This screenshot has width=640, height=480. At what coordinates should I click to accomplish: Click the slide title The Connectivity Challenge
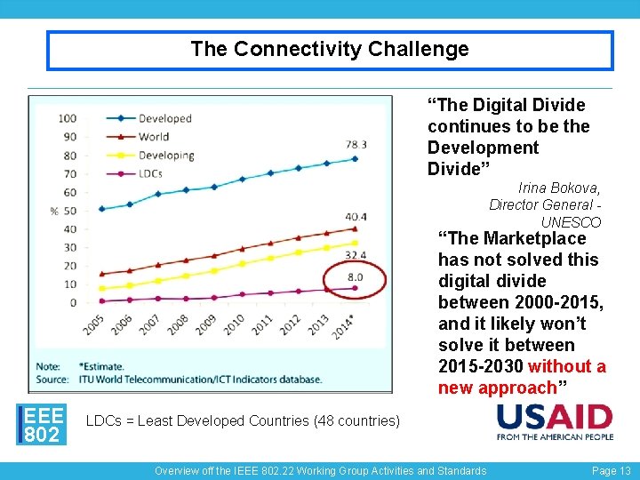click(x=329, y=50)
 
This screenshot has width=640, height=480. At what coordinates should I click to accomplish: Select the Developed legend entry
click(x=164, y=118)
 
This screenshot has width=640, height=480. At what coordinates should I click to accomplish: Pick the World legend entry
click(x=154, y=137)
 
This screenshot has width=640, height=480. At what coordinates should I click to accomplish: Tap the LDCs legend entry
click(x=150, y=173)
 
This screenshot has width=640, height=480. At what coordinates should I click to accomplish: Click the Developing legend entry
click(x=165, y=156)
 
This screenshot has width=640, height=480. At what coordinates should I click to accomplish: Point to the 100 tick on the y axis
click(x=68, y=118)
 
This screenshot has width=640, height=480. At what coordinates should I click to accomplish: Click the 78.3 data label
click(x=356, y=144)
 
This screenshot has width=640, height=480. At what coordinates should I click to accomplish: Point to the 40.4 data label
click(x=356, y=216)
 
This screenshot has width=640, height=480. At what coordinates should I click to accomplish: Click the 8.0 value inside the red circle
click(x=356, y=278)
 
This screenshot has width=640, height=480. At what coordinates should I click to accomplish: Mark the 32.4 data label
click(x=356, y=255)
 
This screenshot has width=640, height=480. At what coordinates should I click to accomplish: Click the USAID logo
click(x=555, y=421)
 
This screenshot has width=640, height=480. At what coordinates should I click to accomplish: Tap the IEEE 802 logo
click(x=43, y=423)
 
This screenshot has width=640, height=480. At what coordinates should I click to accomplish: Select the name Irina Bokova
click(x=559, y=188)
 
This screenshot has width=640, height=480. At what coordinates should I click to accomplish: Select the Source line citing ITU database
click(x=178, y=380)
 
